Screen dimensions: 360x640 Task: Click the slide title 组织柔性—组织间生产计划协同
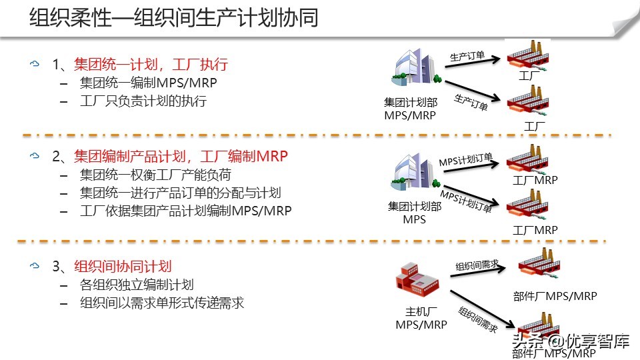click(173, 18)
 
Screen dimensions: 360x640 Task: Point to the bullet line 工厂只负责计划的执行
click(143, 101)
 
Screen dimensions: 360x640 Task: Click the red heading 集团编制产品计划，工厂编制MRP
click(181, 157)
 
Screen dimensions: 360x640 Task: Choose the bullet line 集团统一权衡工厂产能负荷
click(155, 175)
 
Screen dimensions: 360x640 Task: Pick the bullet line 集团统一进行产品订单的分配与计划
click(180, 193)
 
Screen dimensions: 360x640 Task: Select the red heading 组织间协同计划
click(123, 266)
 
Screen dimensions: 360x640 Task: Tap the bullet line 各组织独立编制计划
click(137, 285)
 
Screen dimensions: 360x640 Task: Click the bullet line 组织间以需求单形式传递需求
click(162, 303)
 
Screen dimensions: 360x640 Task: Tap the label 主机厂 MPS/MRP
click(421, 318)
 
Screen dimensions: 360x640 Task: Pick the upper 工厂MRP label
click(535, 180)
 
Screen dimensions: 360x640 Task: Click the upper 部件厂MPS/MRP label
click(555, 296)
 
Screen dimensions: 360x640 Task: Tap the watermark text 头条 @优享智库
click(570, 342)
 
